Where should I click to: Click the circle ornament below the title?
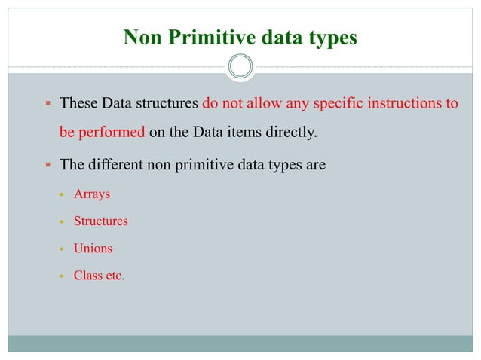click(240, 68)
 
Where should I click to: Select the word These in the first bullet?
click(78, 103)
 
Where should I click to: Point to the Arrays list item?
click(91, 194)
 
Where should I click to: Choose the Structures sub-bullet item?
click(100, 221)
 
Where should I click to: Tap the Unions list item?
click(93, 249)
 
